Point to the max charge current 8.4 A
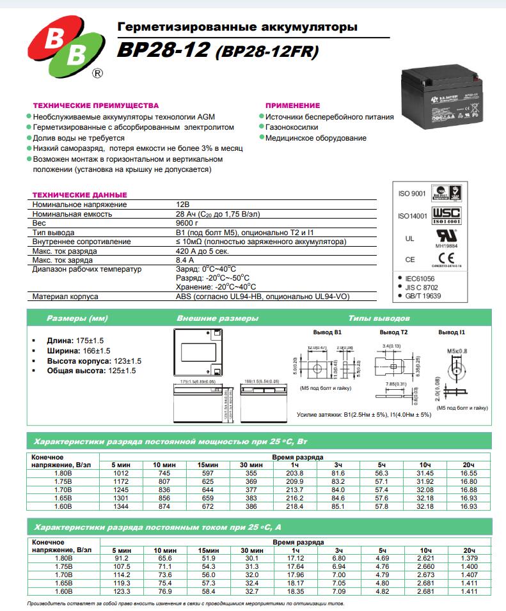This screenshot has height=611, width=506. (184, 260)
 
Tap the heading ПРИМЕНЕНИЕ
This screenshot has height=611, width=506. (292, 105)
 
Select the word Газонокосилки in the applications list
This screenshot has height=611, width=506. (289, 127)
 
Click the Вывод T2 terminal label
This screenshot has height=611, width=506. (393, 333)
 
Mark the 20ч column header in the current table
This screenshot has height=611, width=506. (469, 550)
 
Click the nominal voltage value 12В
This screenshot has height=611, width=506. (183, 205)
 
